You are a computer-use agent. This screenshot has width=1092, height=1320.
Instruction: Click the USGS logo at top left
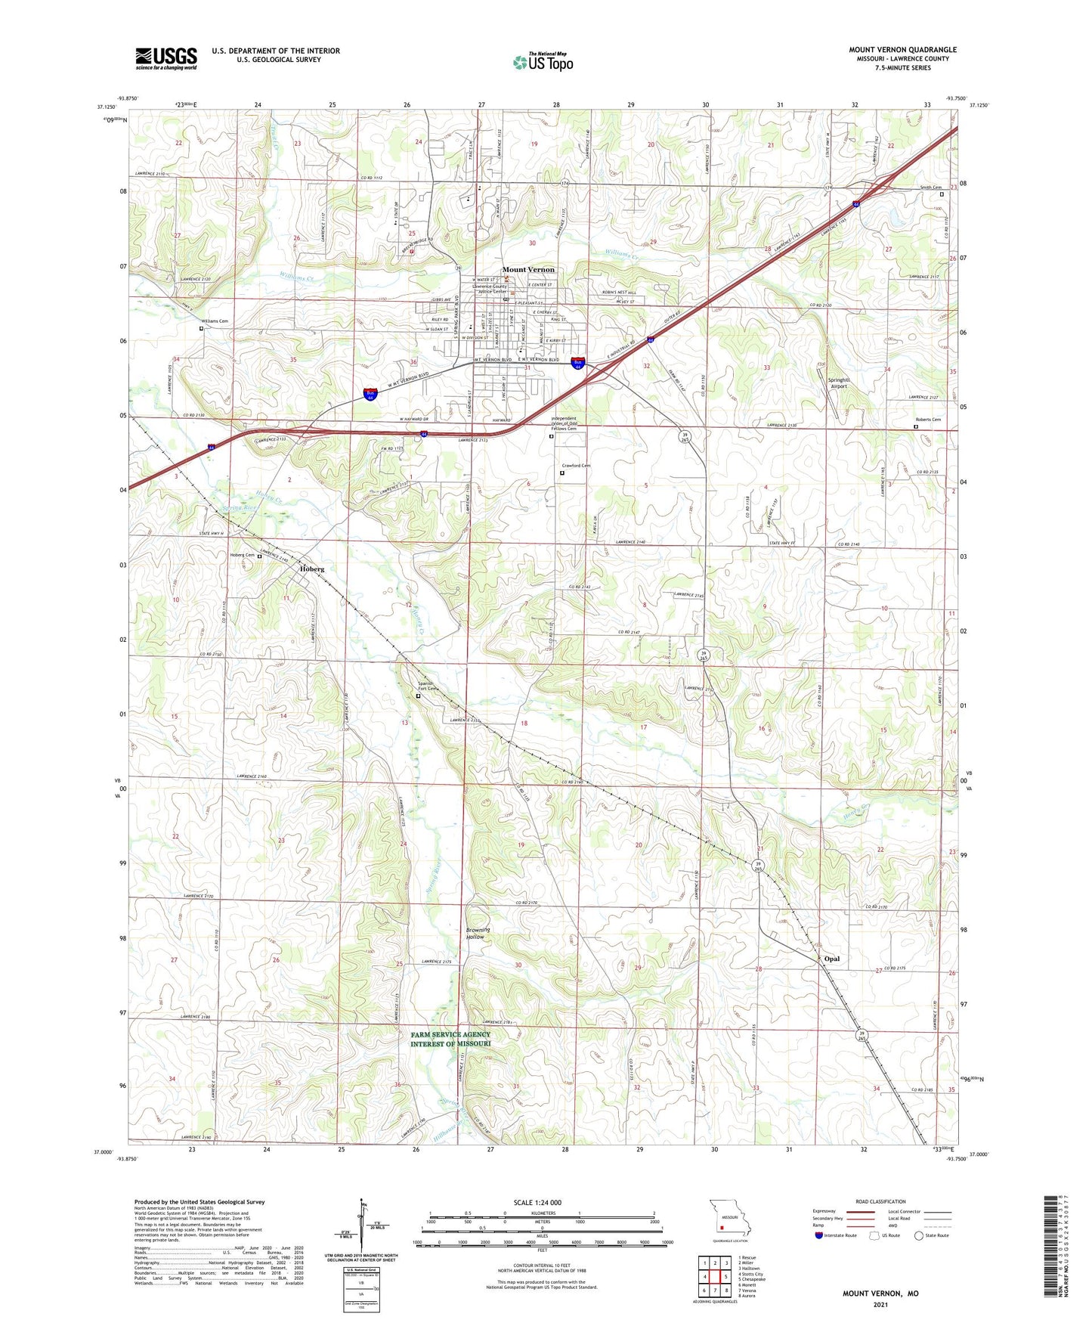166,58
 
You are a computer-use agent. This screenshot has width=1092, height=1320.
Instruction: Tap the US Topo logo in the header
543,62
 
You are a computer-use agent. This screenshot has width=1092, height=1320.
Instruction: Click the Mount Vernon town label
528,270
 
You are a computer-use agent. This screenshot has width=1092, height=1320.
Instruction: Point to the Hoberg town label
311,569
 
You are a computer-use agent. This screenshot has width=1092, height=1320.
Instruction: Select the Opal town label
832,959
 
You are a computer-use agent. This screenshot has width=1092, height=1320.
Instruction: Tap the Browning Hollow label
478,933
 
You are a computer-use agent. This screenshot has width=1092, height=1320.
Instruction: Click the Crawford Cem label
576,466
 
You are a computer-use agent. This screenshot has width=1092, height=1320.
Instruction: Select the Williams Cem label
214,321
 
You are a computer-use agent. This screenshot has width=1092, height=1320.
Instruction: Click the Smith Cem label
930,187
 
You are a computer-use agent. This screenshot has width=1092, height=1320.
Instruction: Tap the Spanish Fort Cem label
428,686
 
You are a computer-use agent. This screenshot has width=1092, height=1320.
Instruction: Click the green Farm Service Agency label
450,1039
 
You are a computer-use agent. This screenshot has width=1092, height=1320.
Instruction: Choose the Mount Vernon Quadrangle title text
902,50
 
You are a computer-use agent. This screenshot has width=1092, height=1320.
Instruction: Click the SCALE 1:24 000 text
537,1203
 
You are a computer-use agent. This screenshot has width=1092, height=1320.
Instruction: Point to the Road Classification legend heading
880,1201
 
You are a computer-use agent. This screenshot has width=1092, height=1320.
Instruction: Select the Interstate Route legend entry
840,1235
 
